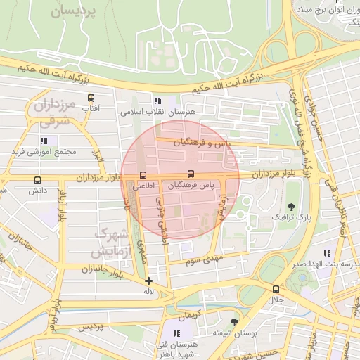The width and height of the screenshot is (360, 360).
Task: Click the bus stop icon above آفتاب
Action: tap(91, 98)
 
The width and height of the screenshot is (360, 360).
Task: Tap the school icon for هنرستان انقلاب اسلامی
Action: tap(157, 101)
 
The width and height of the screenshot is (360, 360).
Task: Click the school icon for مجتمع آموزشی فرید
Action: tap(44, 141)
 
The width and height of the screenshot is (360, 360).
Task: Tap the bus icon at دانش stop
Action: tap(37, 180)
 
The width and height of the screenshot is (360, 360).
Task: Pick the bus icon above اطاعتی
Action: tap(143, 175)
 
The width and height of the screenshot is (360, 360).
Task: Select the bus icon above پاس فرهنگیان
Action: tap(191, 174)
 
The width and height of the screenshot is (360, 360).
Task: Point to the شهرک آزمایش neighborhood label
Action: tap(110, 241)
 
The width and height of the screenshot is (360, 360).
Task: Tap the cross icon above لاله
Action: tap(148, 281)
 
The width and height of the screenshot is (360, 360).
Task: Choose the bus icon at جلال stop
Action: tap(275, 289)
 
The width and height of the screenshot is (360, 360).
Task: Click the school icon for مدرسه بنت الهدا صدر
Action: tap(326, 253)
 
